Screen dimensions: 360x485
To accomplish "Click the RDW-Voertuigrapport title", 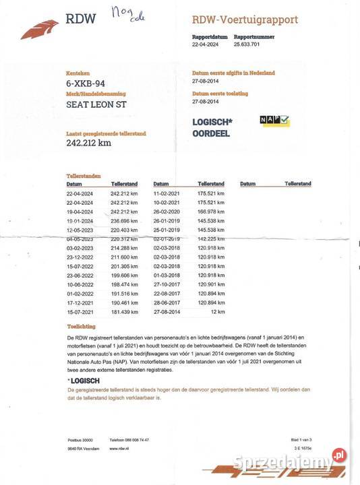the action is (x=245, y=20).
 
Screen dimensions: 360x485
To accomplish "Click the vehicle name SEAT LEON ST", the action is (x=96, y=105).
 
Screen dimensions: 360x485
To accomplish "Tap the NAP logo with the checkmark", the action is (x=274, y=121).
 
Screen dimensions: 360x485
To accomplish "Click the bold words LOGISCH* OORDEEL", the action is (x=212, y=127).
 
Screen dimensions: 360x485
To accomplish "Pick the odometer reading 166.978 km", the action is (x=210, y=211).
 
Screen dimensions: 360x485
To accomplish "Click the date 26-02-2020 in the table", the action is (x=167, y=211).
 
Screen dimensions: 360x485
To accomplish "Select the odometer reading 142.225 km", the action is (x=210, y=238).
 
